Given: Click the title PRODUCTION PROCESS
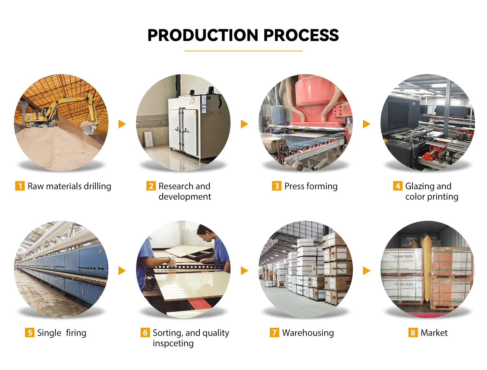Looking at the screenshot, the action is (x=243, y=35).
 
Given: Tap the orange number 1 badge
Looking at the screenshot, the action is (x=20, y=186).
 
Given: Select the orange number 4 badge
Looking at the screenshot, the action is (x=398, y=186).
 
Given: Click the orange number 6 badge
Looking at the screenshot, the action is (x=145, y=333).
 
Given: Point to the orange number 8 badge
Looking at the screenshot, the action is (x=413, y=333).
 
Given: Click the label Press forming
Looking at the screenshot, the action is (x=311, y=186).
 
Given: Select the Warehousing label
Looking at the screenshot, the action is (x=308, y=333).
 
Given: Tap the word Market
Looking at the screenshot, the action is (x=434, y=333).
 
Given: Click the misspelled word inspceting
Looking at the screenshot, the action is (x=173, y=343).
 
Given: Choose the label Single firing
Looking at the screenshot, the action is (x=62, y=333).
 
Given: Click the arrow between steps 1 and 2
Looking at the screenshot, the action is (x=122, y=124).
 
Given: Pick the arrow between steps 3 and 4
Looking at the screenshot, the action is (x=366, y=124).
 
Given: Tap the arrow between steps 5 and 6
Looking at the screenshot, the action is (x=122, y=271).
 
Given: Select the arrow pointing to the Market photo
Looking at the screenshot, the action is (x=366, y=271).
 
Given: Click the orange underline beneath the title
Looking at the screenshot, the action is (x=243, y=51).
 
